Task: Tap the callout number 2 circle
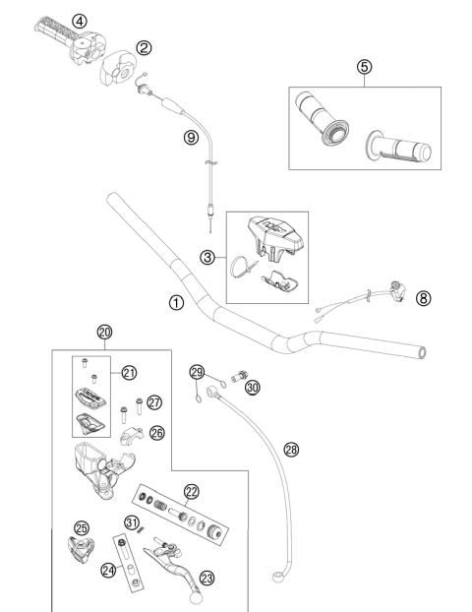tap(144, 47)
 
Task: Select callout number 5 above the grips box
tap(363, 67)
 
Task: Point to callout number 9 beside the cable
tap(191, 138)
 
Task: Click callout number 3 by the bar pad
tap(206, 258)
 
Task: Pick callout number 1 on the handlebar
tap(176, 302)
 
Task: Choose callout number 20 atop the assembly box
tap(106, 333)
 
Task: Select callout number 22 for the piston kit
tap(191, 491)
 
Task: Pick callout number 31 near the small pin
tap(130, 521)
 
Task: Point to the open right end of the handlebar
tap(421, 351)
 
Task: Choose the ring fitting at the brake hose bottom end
tap(277, 570)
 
